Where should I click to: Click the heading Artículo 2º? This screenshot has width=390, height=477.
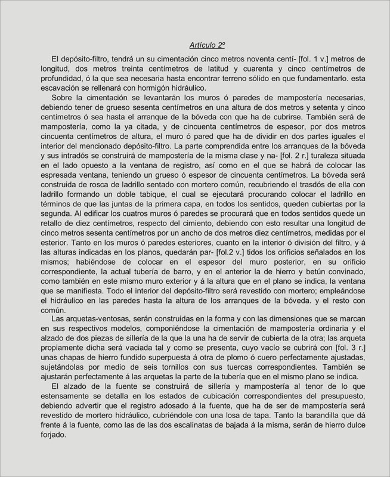tap(207, 45)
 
